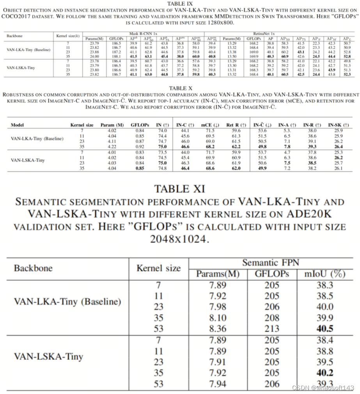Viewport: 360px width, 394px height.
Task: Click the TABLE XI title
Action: (179, 189)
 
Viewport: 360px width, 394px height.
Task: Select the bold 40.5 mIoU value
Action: (325, 329)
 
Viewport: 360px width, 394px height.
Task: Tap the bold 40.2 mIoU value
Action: (325, 373)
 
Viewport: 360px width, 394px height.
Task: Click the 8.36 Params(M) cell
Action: (217, 329)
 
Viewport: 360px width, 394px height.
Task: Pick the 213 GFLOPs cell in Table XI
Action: (272, 329)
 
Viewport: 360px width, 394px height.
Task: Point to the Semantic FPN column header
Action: (270, 263)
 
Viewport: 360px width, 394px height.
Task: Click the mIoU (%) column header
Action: (325, 274)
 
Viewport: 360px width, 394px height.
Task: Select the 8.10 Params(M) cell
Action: (217, 318)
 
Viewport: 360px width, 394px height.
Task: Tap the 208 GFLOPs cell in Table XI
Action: (272, 318)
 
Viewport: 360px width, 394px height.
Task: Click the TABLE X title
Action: (179, 88)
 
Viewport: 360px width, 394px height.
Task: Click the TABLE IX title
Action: (179, 3)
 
